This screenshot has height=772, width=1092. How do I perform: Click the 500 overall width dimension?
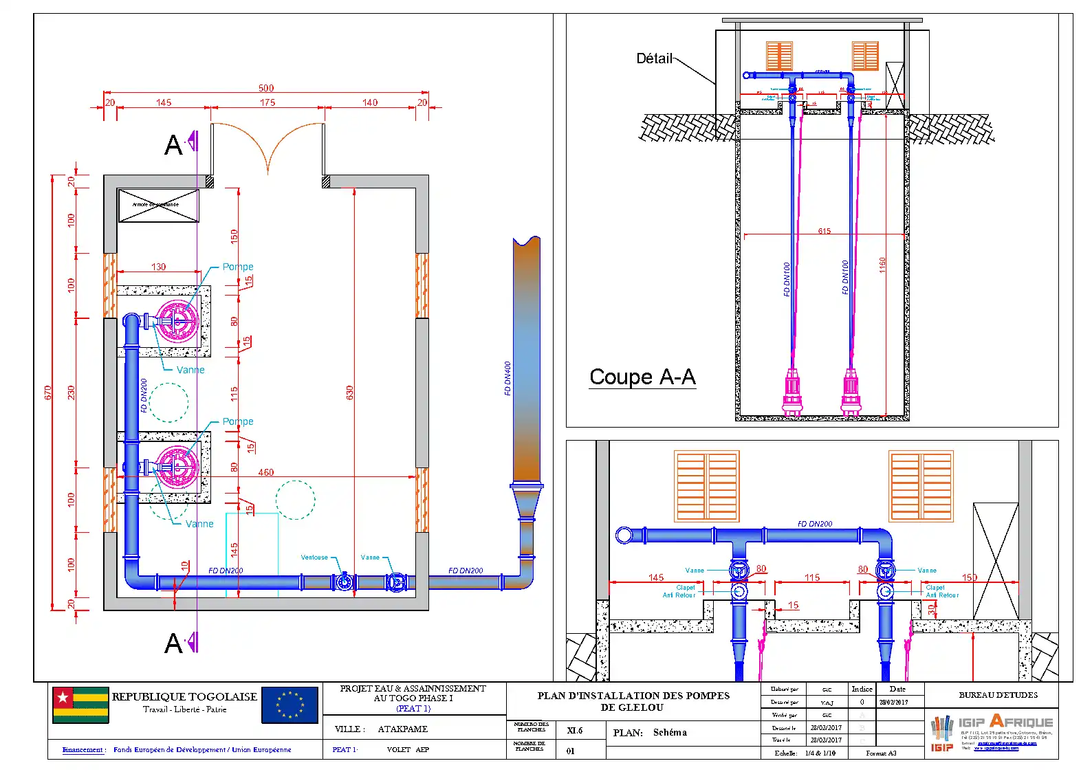pyautogui.click(x=266, y=88)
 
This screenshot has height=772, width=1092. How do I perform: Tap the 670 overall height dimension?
pyautogui.click(x=48, y=393)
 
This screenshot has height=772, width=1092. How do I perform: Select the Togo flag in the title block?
pyautogui.click(x=80, y=705)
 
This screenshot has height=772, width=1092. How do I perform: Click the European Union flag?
pyautogui.click(x=290, y=705)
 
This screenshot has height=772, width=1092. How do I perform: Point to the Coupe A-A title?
pyautogui.click(x=642, y=377)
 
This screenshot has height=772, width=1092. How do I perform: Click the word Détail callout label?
pyautogui.click(x=654, y=58)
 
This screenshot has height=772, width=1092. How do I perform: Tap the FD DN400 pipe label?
pyautogui.click(x=507, y=379)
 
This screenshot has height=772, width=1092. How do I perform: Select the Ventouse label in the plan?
pyautogui.click(x=314, y=558)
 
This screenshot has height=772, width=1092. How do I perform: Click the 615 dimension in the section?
pyautogui.click(x=824, y=231)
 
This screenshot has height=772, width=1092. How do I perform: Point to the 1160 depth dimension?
pyautogui.click(x=882, y=265)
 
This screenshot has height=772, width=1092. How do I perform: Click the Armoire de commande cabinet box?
pyautogui.click(x=159, y=205)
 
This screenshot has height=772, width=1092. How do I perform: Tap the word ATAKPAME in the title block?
pyautogui.click(x=402, y=729)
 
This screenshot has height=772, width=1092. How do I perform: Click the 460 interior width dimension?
pyautogui.click(x=265, y=472)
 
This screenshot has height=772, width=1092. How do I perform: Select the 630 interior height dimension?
pyautogui.click(x=349, y=393)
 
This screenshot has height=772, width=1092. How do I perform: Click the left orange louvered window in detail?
pyautogui.click(x=706, y=486)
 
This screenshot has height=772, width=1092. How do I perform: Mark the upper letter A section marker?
pyautogui.click(x=173, y=145)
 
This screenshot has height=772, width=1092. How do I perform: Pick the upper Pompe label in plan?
pyautogui.click(x=238, y=267)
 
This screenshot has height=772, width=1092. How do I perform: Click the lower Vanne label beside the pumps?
pyautogui.click(x=199, y=524)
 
